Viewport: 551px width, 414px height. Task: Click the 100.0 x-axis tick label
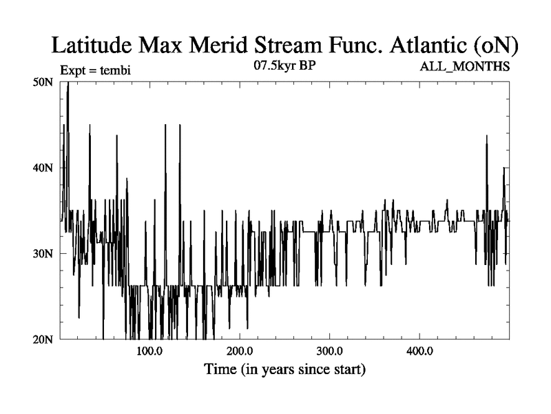click(149, 351)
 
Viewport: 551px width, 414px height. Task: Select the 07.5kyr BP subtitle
click(285, 66)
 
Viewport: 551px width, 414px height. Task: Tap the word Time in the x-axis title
click(221, 369)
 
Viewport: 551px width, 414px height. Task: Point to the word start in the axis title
click(344, 369)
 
